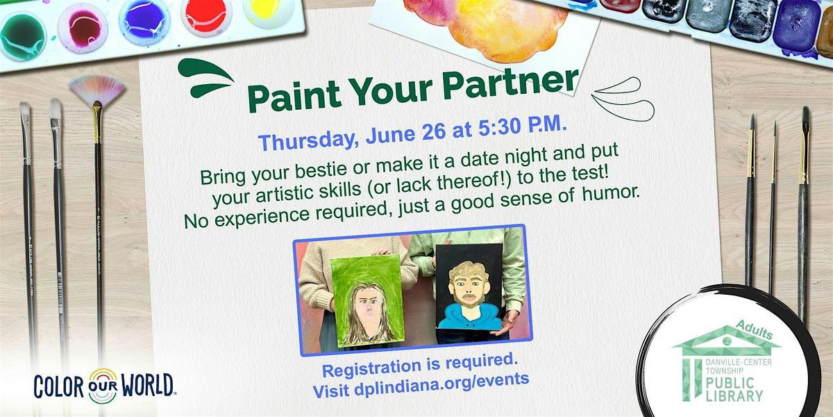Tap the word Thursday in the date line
click(306, 140)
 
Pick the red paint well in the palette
click(205, 15)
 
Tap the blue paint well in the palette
click(144, 20)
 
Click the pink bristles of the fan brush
click(97, 90)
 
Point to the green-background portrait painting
click(367, 300)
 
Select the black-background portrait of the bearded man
click(469, 287)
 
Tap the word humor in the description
click(611, 193)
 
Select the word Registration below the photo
click(371, 368)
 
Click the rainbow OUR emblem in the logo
click(103, 386)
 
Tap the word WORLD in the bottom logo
click(148, 384)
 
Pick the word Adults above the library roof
click(755, 329)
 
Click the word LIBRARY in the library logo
click(734, 395)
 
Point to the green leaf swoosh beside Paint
click(205, 77)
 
